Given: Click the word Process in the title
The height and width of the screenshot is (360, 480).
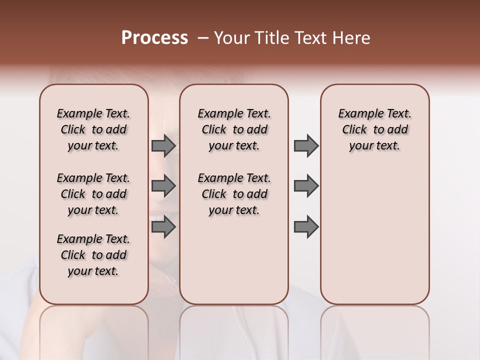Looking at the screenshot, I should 154,38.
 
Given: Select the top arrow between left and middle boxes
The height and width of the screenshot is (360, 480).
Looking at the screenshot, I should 163,146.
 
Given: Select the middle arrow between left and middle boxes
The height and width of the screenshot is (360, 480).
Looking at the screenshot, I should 163,186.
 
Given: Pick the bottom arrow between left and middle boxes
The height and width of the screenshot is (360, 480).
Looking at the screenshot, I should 163,227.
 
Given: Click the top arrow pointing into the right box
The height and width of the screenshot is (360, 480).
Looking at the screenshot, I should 306,146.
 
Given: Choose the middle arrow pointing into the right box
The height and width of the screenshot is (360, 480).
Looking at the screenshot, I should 306,186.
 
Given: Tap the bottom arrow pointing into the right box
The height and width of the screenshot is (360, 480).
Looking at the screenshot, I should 306,227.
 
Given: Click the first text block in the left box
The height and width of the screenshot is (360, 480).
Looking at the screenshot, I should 93,129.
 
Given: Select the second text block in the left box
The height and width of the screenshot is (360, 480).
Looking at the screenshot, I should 93,194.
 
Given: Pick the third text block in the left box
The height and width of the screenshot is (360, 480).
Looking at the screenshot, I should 93,255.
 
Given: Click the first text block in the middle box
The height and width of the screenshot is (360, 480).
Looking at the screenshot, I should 234,129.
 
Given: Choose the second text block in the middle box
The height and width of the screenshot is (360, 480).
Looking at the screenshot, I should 234,194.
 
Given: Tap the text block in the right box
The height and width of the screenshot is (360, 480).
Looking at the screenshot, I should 375,129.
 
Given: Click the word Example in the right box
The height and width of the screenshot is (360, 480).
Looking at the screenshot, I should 356,114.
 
